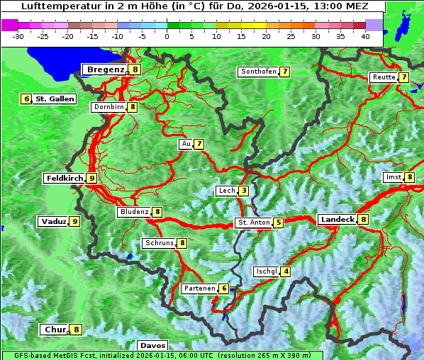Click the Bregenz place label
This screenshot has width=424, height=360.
[105, 69]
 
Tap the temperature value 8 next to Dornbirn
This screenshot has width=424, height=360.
[133, 107]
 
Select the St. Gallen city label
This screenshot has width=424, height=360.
[55, 99]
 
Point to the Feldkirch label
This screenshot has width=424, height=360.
[65, 178]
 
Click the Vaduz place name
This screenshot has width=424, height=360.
[53, 221]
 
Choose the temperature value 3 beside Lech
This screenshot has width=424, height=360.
[244, 191]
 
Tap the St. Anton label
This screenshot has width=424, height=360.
[254, 223]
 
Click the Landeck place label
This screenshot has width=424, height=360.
[337, 220]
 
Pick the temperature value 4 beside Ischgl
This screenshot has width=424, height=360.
[286, 271]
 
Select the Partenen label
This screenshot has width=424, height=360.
[199, 288]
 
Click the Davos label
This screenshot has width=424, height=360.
[152, 345]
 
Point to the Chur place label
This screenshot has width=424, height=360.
[55, 330]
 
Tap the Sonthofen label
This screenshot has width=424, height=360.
[258, 72]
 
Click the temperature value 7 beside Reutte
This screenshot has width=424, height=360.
[403, 77]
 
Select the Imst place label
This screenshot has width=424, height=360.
[392, 177]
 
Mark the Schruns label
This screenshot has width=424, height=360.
[159, 243]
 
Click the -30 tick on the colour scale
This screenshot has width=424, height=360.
[18, 35]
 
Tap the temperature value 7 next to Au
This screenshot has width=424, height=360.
[200, 144]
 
